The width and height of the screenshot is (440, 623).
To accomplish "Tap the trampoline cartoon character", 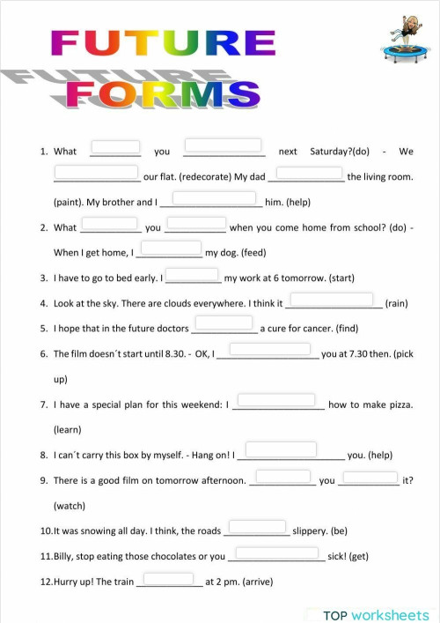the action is pos(405,38).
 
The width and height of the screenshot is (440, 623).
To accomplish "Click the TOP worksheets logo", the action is pos(376,615).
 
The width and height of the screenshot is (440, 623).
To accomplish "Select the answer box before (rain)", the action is pos(332,300).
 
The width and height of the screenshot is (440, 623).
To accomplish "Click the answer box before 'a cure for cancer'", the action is pos(224,324).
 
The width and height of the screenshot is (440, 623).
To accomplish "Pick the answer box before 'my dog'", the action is pos(172,248).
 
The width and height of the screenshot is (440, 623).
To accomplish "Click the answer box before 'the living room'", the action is pos(310,173).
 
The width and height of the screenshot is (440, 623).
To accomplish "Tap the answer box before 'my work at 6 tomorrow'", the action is pos(194,274).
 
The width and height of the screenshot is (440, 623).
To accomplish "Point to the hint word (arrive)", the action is pos(263,582).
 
